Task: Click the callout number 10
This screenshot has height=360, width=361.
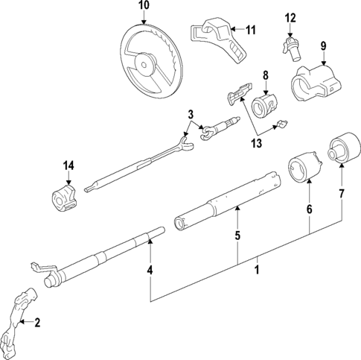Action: point(144,6)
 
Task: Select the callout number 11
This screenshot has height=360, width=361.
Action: point(250,30)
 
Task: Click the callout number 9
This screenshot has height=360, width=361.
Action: point(323,46)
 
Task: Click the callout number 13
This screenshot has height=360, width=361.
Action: point(257,143)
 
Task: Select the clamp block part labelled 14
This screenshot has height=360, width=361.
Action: point(63,198)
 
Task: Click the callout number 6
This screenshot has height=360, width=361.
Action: point(309,212)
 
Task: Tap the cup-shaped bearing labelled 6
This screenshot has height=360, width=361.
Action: point(304,170)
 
